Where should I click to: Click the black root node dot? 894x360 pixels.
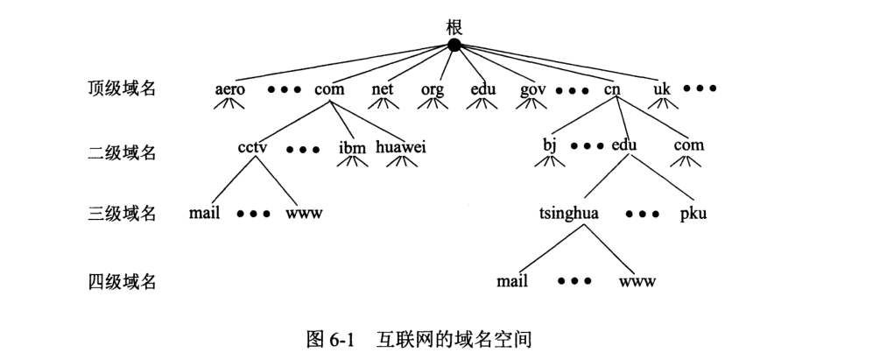(454, 45)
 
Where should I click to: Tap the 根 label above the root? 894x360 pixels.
(454, 26)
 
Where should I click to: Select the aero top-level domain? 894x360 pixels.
(230, 89)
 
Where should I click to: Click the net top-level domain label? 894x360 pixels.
(383, 89)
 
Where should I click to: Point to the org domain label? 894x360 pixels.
(432, 90)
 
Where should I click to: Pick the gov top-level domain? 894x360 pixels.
(532, 90)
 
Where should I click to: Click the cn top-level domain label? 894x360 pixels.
(611, 89)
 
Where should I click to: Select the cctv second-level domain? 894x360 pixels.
(252, 146)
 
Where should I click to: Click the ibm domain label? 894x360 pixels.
(352, 147)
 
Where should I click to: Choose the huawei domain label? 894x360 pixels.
(400, 146)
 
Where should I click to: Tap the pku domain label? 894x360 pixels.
(693, 213)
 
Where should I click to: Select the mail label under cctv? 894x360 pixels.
(204, 213)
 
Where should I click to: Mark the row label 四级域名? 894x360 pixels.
(122, 282)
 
